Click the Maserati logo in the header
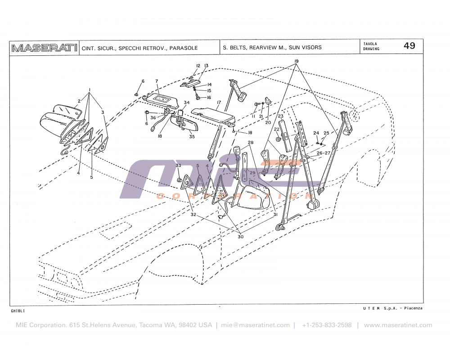[x=44, y=48]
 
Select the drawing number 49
[x=409, y=46]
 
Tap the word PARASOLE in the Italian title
[x=184, y=48]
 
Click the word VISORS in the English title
[x=312, y=48]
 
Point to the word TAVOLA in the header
[x=371, y=44]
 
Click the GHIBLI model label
[x=18, y=311]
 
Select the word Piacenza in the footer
[x=413, y=308]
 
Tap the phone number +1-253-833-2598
[x=327, y=325]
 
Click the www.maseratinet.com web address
[x=398, y=325]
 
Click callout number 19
[x=297, y=61]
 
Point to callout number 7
[x=157, y=81]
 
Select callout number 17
[x=219, y=103]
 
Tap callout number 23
[x=280, y=116]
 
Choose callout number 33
[x=178, y=166]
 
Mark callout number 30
[x=241, y=237]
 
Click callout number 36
[x=153, y=118]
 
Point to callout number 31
[x=275, y=215]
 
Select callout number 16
[x=208, y=98]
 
